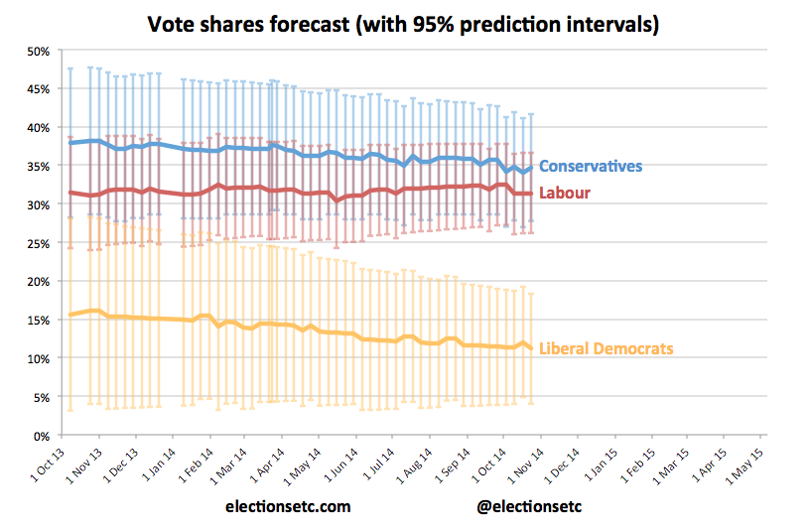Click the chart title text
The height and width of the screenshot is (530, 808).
point(403,23)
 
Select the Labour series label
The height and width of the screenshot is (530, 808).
point(564,193)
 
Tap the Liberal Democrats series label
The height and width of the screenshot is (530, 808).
point(606,348)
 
